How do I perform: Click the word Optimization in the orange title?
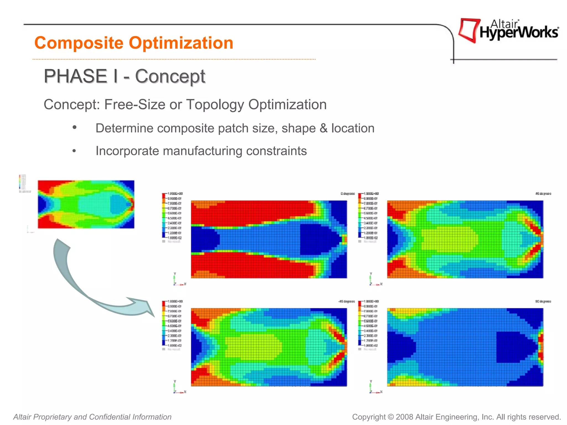[x=181, y=43]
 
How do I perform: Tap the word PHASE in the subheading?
[x=76, y=76]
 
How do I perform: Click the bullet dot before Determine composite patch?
[x=74, y=128]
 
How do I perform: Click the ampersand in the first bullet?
[x=323, y=128]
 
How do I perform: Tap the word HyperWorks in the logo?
[x=519, y=33]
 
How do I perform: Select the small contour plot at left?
[x=86, y=204]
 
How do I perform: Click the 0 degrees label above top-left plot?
[x=347, y=194]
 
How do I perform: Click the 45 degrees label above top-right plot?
[x=543, y=194]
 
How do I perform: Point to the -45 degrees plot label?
[x=346, y=301]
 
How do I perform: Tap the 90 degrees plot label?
[x=543, y=301]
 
